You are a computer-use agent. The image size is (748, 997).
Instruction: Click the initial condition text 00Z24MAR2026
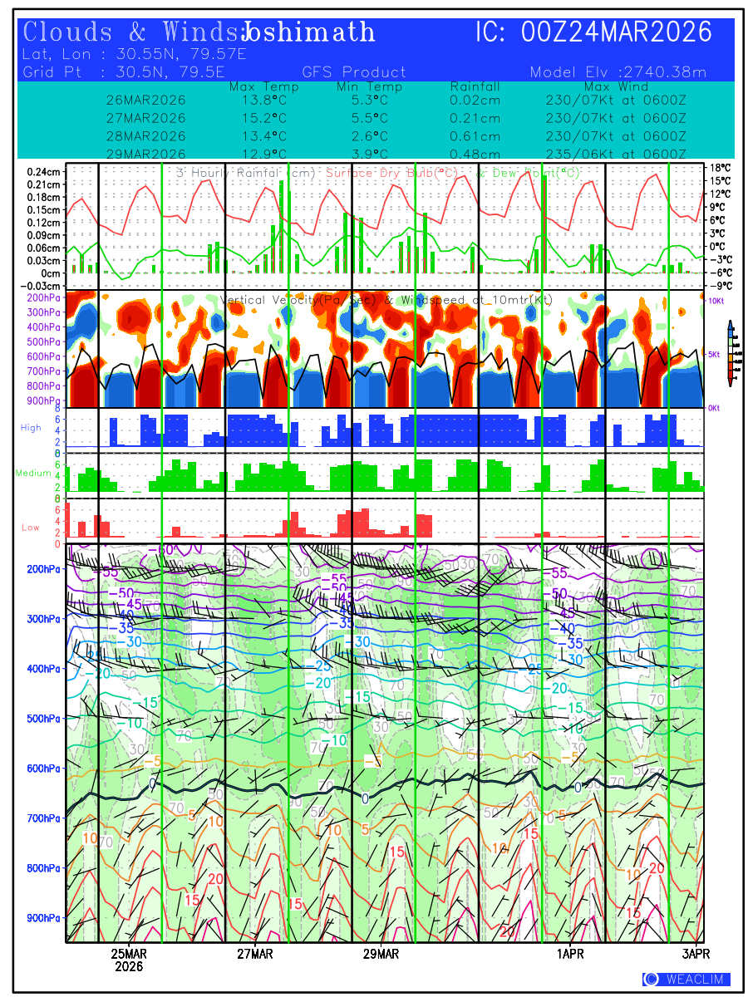click(617, 32)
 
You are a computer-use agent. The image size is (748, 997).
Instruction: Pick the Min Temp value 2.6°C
click(370, 136)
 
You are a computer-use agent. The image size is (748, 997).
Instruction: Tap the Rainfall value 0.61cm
click(475, 136)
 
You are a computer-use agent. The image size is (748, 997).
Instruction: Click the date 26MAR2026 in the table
click(146, 100)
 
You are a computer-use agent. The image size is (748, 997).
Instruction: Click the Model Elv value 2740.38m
click(664, 72)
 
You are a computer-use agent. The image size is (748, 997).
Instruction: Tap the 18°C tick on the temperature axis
click(720, 168)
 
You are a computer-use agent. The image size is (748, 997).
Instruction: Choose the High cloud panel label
click(31, 427)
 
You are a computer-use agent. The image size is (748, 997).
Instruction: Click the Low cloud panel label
click(31, 528)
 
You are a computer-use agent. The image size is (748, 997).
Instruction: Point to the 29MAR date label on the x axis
click(381, 953)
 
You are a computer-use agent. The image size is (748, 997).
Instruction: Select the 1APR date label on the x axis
click(570, 953)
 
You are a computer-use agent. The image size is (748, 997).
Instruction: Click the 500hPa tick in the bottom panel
click(43, 719)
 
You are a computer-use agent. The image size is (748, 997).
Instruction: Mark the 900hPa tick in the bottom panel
click(43, 918)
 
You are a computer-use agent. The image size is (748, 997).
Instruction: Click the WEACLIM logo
click(686, 979)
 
